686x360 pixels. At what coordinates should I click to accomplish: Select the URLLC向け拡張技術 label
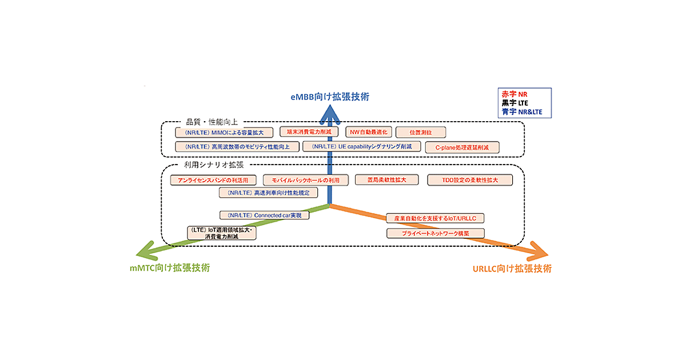512,268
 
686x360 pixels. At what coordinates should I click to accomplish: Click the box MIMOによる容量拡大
221,133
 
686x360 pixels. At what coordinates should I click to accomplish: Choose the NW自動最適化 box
368,132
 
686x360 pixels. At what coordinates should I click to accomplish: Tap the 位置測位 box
420,132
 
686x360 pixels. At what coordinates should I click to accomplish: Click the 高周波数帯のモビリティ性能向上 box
237,147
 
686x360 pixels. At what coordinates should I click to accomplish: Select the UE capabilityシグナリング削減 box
361,147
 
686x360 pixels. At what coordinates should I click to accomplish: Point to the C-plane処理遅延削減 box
462,147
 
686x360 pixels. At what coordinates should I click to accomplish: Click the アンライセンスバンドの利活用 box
212,180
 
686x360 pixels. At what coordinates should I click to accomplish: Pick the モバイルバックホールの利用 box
305,180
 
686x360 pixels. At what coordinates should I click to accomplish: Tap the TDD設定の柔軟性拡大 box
470,180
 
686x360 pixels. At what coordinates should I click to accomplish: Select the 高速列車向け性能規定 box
268,193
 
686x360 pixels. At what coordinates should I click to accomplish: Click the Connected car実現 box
264,215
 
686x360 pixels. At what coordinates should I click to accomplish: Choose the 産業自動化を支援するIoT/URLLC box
435,218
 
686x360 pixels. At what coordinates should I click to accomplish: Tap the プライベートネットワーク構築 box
435,233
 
